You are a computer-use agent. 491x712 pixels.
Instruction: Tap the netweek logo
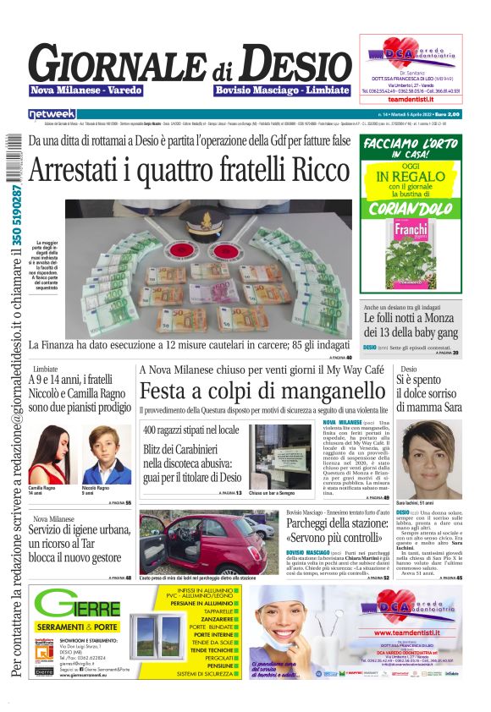pyautogui.click(x=52, y=114)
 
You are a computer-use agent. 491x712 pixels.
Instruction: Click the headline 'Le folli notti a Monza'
pyautogui.click(x=406, y=319)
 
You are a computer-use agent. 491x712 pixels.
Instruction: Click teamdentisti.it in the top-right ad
pyautogui.click(x=411, y=100)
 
